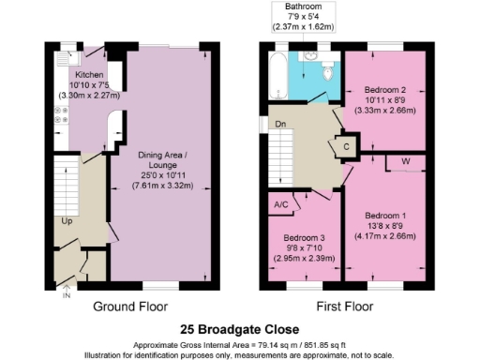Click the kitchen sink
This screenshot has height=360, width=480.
[x=63, y=59]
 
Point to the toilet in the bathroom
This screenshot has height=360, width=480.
[x=327, y=72]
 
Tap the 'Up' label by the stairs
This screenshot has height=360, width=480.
[x=67, y=222]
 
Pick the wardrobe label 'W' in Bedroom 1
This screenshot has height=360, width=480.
[x=405, y=161]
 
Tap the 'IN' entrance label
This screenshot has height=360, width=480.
[x=66, y=296]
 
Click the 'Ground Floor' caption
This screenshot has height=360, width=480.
[x=129, y=307]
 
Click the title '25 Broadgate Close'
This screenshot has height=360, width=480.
[x=240, y=329]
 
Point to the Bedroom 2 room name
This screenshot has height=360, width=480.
[x=385, y=90]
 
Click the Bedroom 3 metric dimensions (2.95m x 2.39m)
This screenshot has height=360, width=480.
[x=304, y=259]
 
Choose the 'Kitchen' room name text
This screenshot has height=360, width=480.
[x=90, y=72]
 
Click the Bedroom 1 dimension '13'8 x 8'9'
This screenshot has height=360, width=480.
[x=385, y=224]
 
